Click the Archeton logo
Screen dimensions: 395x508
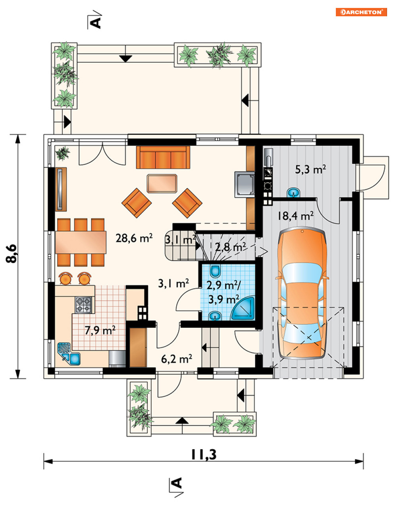[361, 12]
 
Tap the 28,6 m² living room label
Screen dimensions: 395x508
[134, 238]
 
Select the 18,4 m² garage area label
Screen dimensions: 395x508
[295, 216]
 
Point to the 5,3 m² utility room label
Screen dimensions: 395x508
[310, 169]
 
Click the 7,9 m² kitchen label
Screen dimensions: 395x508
[100, 331]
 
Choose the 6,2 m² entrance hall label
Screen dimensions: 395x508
[177, 359]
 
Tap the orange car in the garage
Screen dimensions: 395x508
[302, 294]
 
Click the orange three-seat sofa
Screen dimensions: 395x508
[163, 157]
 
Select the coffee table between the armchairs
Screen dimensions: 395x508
[162, 183]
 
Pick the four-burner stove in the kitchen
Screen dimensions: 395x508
[83, 304]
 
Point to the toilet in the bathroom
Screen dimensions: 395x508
[215, 271]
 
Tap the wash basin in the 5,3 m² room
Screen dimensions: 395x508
[293, 192]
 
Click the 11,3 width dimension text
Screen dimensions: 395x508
[204, 455]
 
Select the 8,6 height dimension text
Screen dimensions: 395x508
[12, 254]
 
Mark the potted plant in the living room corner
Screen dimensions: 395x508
[62, 153]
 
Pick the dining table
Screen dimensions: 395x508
[81, 242]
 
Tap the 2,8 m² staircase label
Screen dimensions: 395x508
[231, 247]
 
